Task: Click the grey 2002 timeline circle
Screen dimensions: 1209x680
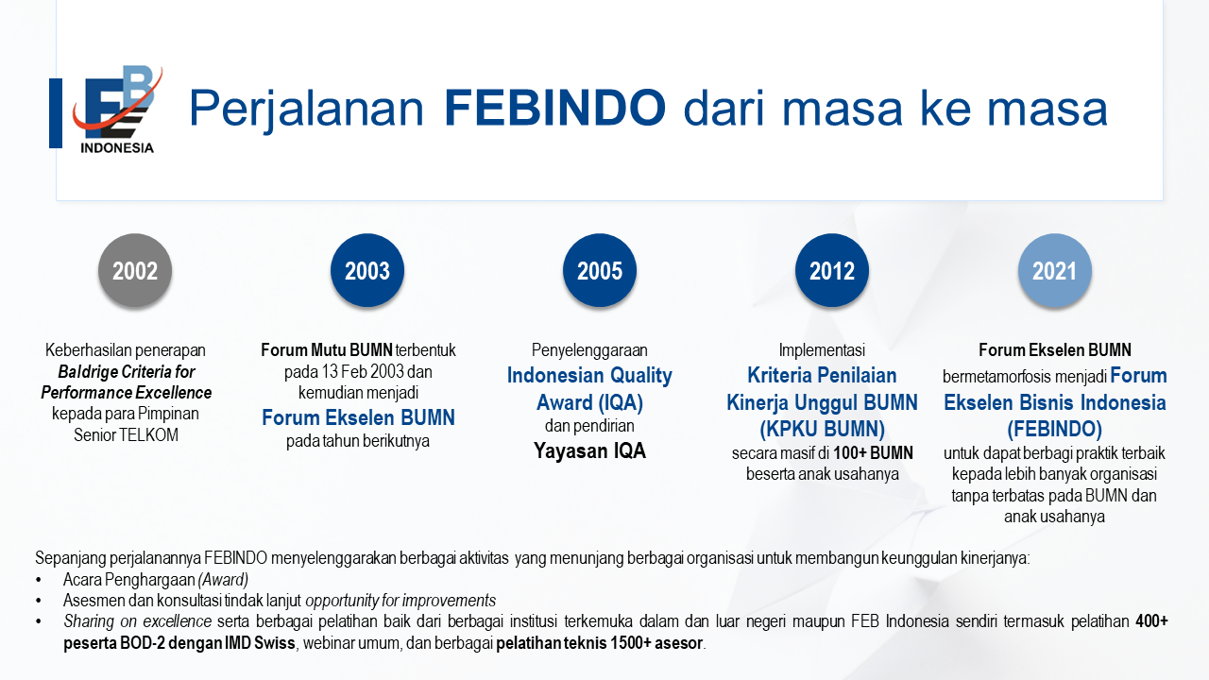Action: (x=135, y=270)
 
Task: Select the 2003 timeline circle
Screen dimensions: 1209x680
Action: (x=367, y=270)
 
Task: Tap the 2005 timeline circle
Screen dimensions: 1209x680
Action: (x=600, y=270)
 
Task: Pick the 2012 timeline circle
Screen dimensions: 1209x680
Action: (x=832, y=270)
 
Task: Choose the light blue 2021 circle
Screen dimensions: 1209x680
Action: (x=1055, y=270)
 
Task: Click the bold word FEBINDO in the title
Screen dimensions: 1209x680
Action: (x=554, y=108)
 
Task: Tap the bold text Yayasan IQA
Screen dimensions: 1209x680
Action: (x=590, y=450)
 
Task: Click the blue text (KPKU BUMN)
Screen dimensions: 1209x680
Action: (x=822, y=429)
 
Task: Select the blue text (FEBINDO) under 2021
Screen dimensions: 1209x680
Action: (x=1055, y=429)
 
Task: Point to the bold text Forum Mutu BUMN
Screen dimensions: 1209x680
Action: (x=327, y=350)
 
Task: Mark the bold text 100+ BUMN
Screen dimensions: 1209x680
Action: (x=874, y=452)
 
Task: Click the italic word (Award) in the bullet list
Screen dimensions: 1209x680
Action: (x=223, y=580)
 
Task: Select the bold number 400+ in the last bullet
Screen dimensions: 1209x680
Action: (x=1151, y=621)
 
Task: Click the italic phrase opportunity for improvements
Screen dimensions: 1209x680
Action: (x=400, y=601)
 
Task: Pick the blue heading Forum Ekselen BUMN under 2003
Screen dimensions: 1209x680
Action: (x=358, y=417)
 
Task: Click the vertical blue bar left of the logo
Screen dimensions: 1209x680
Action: (x=56, y=112)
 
